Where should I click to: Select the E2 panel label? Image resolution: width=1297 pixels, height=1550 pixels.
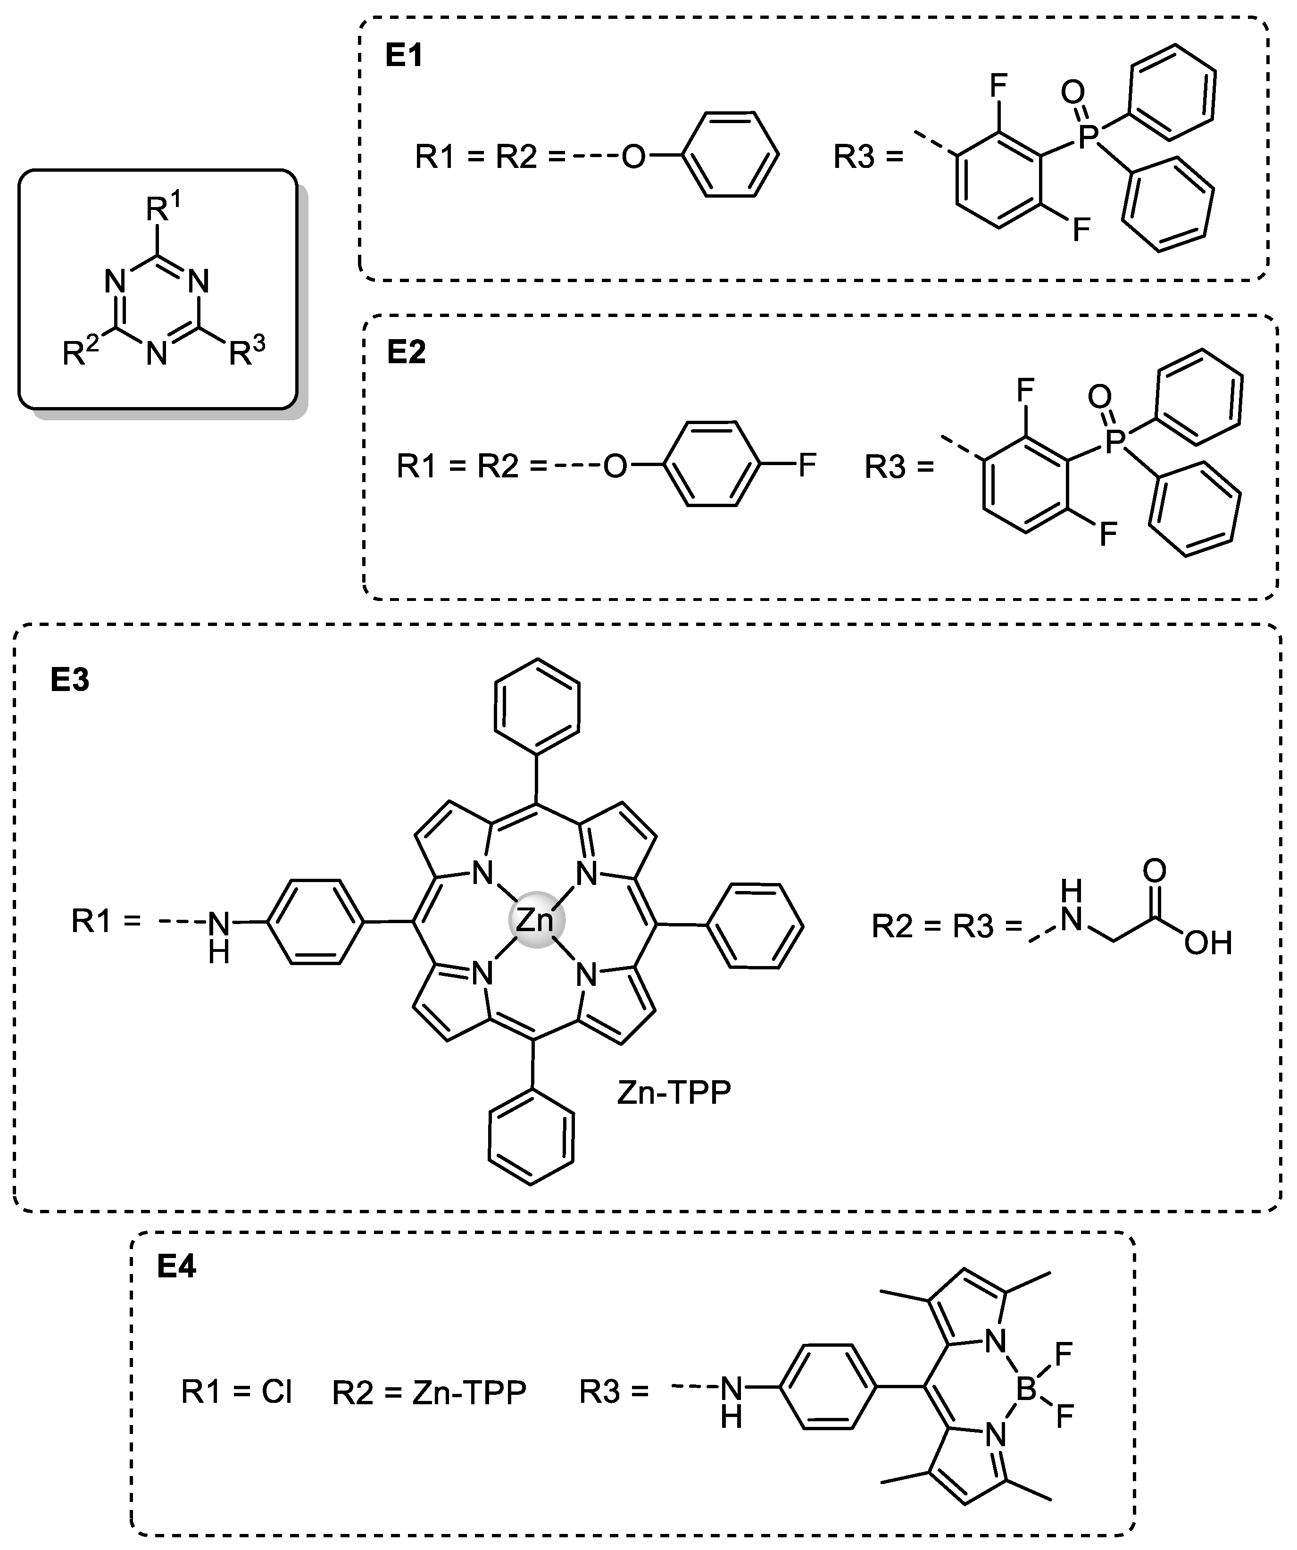pyautogui.click(x=406, y=354)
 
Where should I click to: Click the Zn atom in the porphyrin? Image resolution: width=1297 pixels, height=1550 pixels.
pyautogui.click(x=536, y=920)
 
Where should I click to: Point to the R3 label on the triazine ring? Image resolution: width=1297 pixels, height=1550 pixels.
pyautogui.click(x=246, y=352)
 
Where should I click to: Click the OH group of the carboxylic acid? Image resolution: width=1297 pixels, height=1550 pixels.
pyautogui.click(x=1208, y=942)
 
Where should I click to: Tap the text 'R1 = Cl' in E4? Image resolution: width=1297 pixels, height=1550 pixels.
pyautogui.click(x=237, y=1392)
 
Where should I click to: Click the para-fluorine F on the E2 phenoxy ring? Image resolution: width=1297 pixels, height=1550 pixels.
pyautogui.click(x=807, y=465)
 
